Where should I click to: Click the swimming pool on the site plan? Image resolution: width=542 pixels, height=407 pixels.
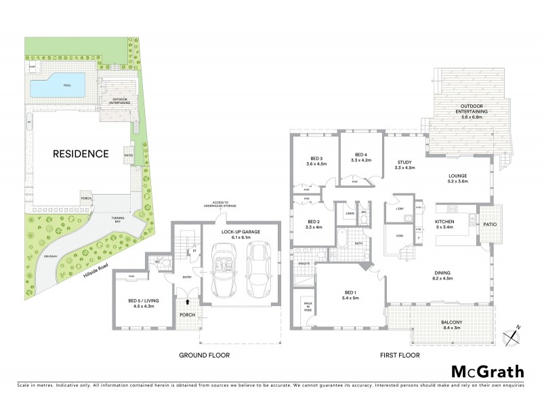[x=57, y=85]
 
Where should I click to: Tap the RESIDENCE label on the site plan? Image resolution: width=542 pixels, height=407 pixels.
[x=81, y=154]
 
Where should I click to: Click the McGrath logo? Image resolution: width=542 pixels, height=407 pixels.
[x=487, y=371]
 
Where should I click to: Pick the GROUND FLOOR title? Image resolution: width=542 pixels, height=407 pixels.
[x=204, y=355]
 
